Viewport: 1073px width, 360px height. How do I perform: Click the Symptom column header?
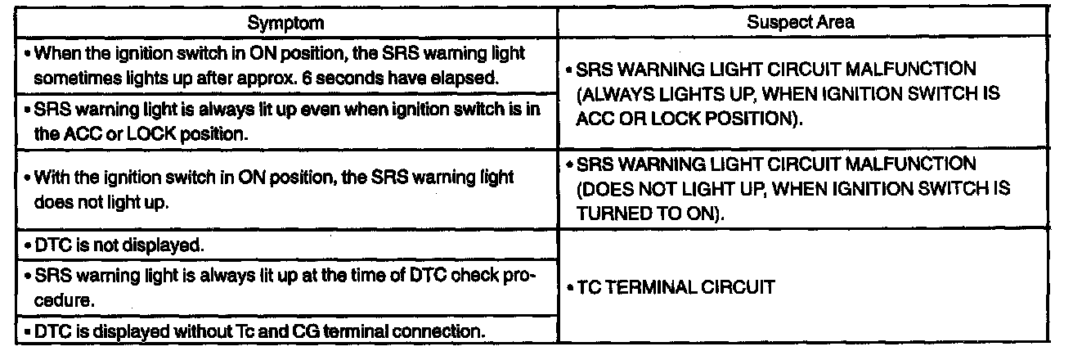(x=278, y=23)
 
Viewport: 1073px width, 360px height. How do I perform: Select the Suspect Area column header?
(x=801, y=23)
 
